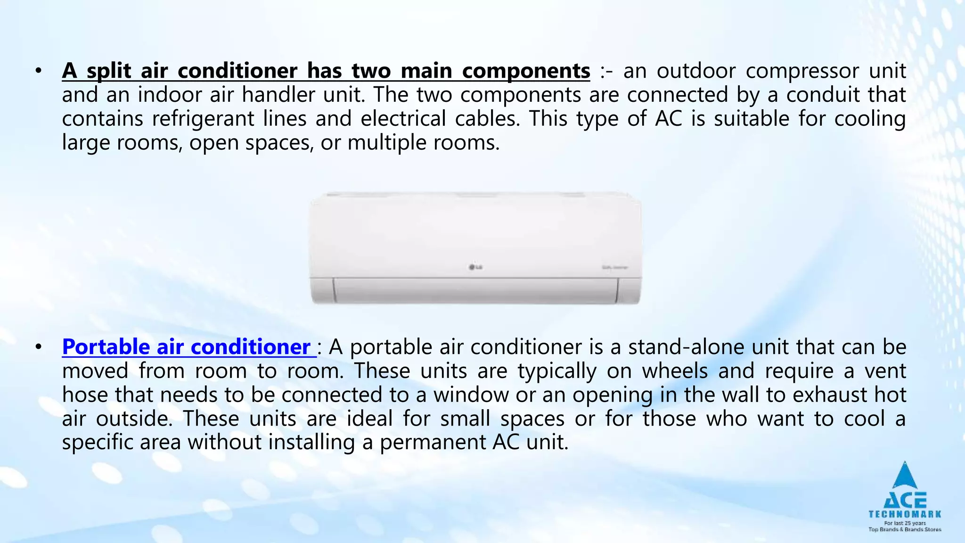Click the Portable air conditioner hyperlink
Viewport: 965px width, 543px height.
187,347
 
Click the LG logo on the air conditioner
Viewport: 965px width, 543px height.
475,268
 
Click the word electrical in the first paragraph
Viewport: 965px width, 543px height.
403,119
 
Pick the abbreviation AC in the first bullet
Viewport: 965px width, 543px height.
669,119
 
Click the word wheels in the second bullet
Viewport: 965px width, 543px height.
675,371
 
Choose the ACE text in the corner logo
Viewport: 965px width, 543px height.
905,500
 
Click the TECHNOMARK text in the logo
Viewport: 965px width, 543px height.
905,514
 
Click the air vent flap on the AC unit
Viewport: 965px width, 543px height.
474,290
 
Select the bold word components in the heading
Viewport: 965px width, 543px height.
526,71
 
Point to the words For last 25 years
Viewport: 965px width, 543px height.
905,523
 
